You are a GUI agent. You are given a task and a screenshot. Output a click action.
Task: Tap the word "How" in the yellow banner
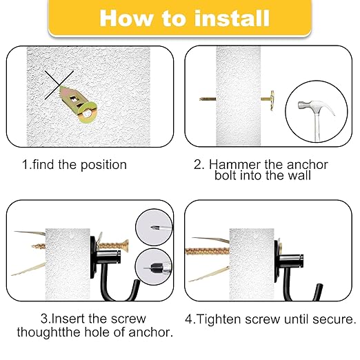(x=125, y=18)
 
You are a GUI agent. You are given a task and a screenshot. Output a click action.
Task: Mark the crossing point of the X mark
(x=57, y=86)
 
